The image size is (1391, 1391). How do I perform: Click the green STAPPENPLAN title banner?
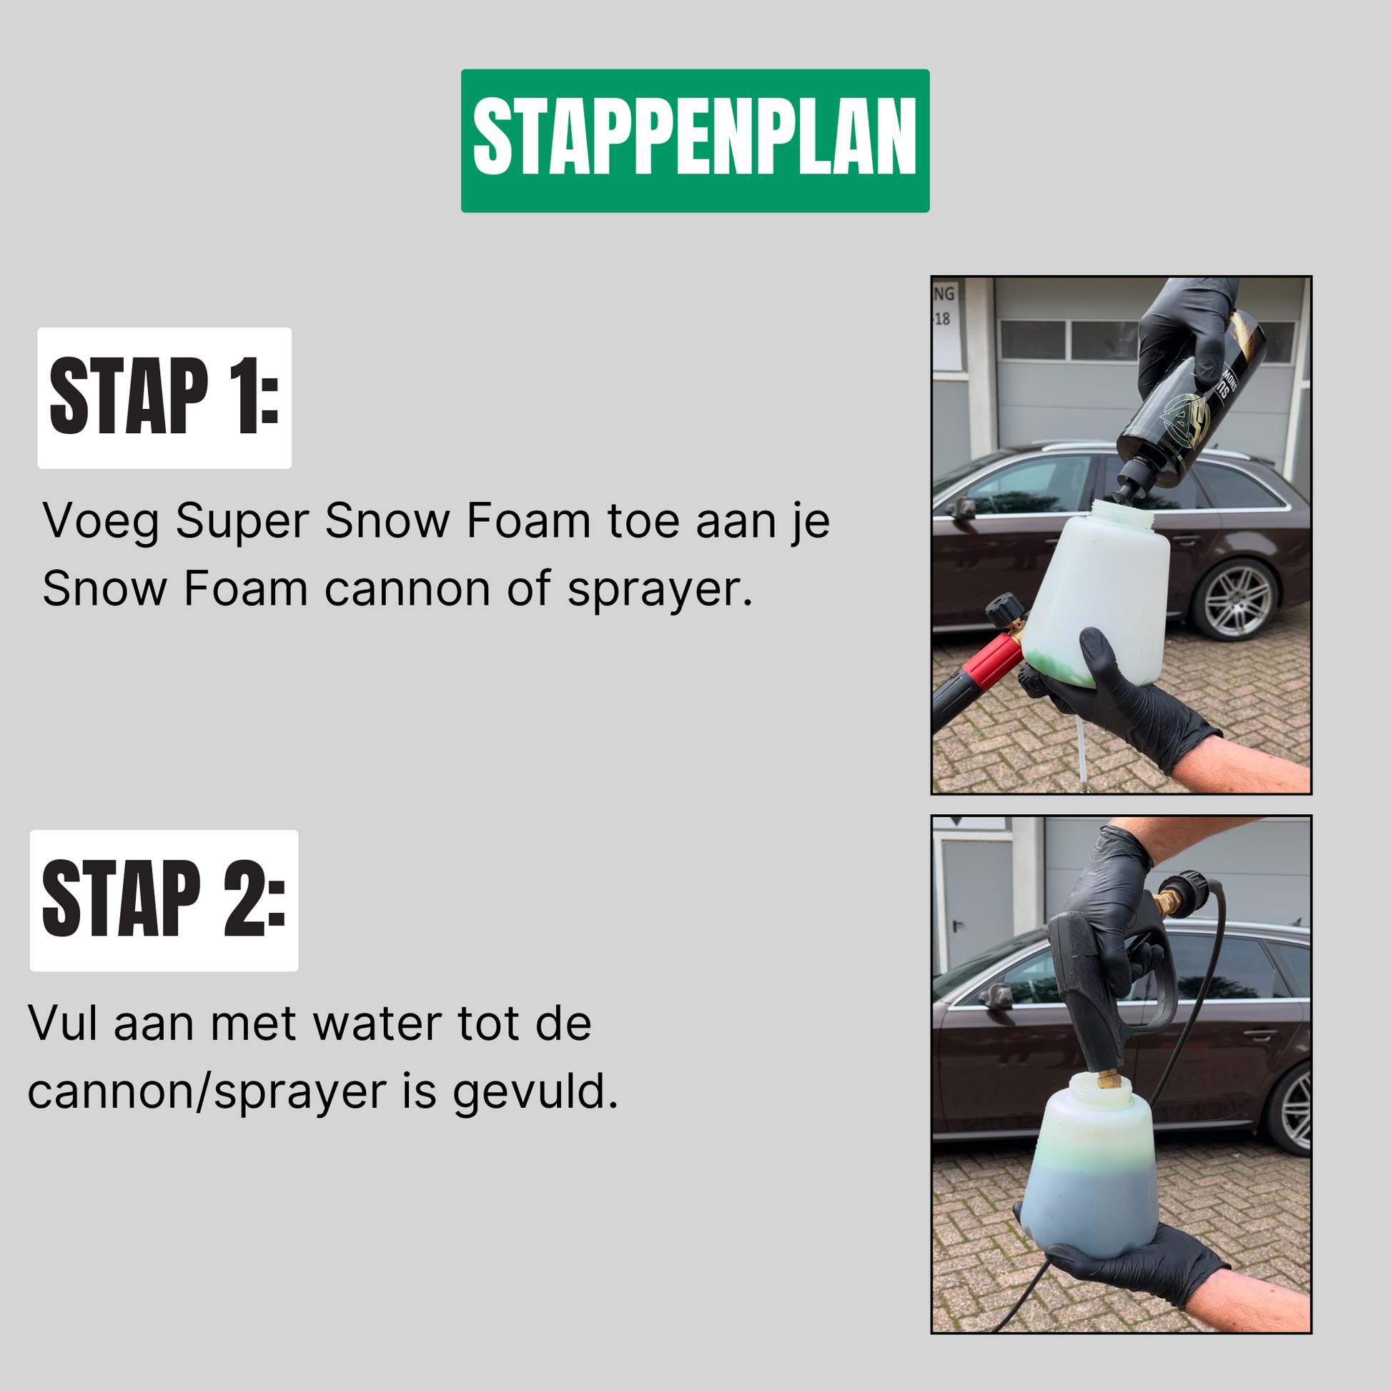pos(695,140)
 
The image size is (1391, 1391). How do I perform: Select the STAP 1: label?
pos(164,397)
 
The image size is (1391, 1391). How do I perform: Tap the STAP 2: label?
pos(164,900)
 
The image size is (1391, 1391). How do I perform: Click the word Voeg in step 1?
pos(101,522)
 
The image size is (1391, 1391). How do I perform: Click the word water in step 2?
pos(378,1024)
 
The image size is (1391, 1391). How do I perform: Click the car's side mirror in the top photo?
pos(961,508)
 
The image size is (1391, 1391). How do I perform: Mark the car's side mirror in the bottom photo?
pos(996,997)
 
